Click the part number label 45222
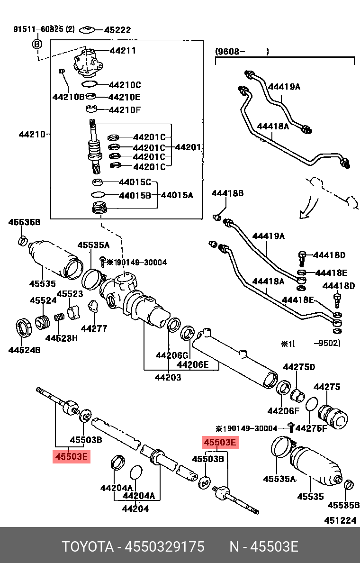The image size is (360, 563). coord(117,30)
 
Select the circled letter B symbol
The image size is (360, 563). coord(37,44)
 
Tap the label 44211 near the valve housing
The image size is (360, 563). coord(123,50)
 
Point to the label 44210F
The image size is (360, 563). coord(125,110)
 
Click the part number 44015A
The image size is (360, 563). coord(177,195)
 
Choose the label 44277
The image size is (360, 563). coord(94,328)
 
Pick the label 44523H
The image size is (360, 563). coord(61,338)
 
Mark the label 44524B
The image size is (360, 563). coord(24,350)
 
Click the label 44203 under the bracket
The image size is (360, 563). coord(168,377)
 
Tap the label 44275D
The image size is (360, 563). coord(299,367)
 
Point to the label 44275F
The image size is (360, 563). coord(311,428)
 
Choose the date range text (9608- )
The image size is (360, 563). coord(242,51)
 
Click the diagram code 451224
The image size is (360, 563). coord(340,520)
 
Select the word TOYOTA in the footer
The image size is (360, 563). coord(88,547)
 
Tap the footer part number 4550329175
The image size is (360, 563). coord(164,547)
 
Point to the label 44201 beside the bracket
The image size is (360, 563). coord(188,147)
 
